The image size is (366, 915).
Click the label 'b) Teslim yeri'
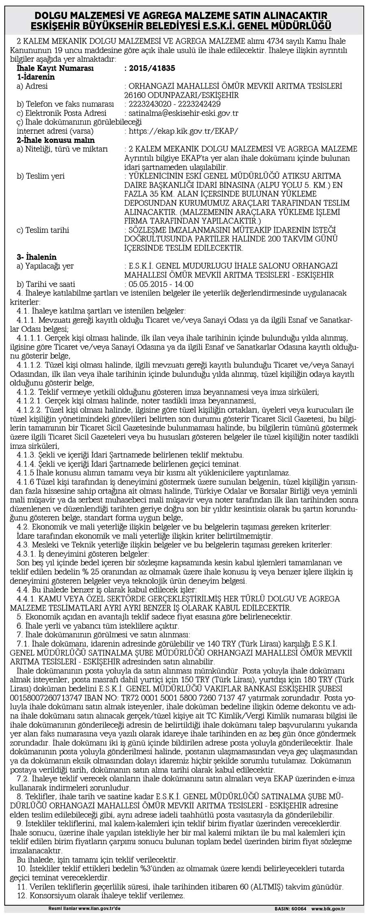click(x=40, y=176)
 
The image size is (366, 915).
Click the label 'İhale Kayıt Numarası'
click(x=55, y=68)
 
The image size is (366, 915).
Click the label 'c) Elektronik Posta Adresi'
click(x=61, y=113)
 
